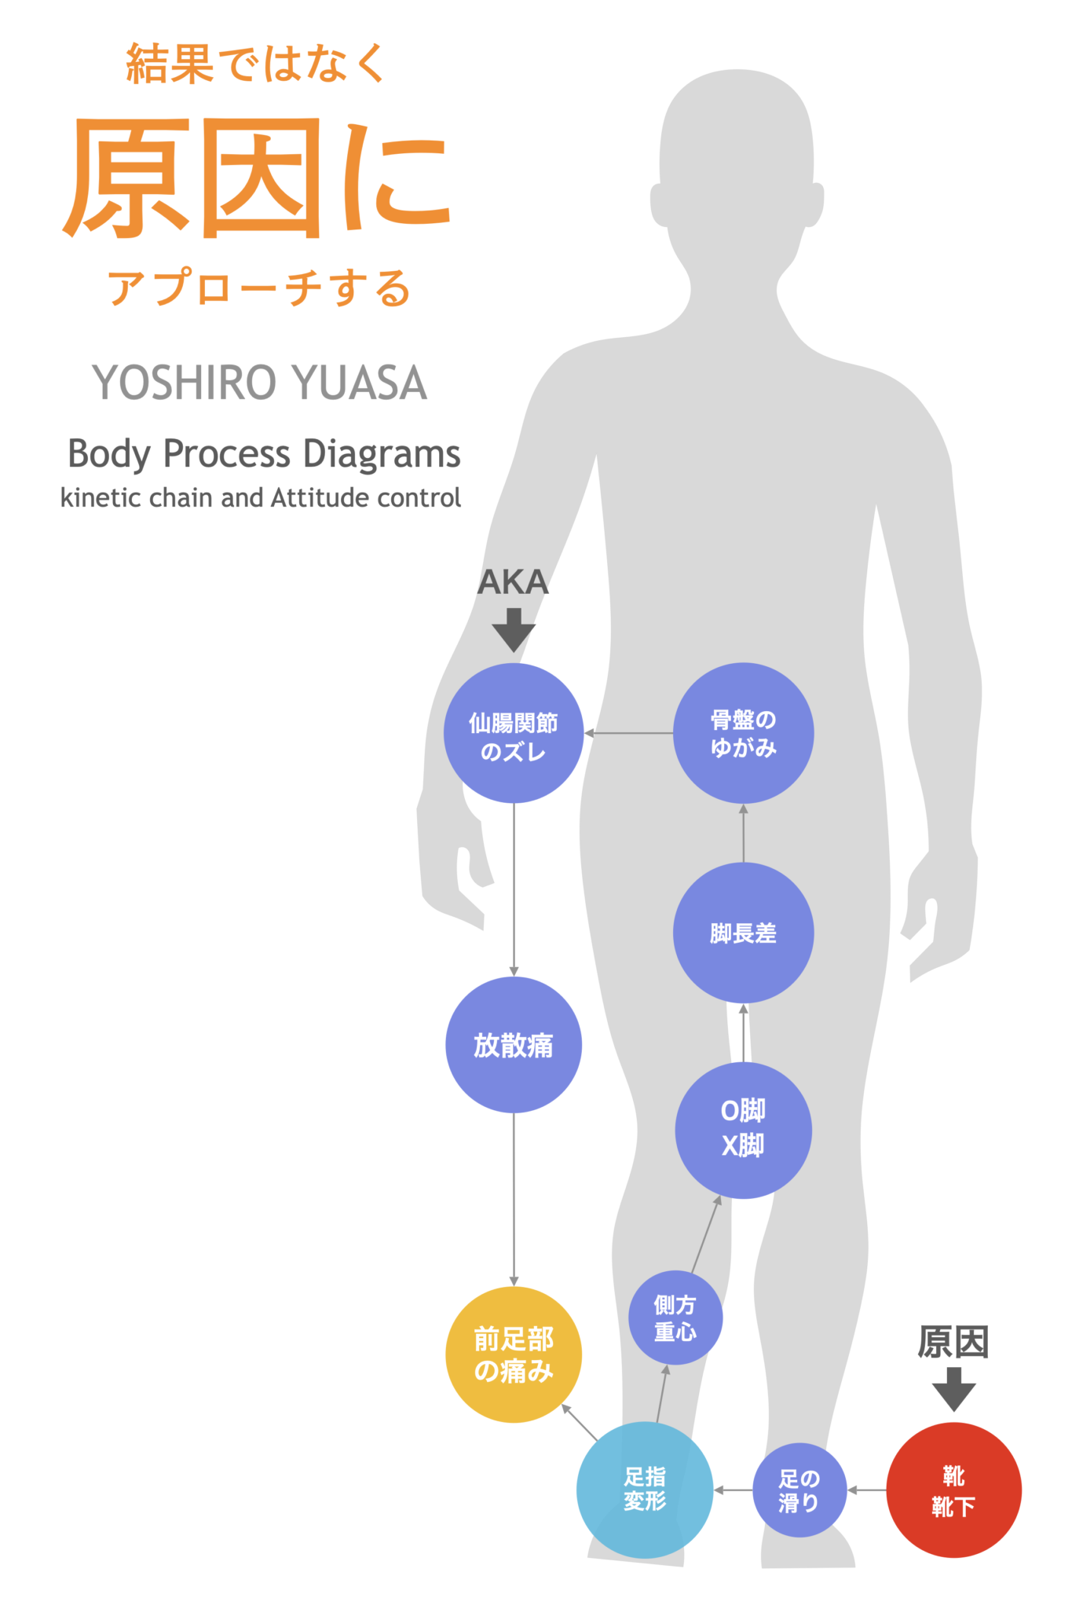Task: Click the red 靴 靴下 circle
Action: (x=953, y=1490)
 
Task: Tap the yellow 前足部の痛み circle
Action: (x=514, y=1354)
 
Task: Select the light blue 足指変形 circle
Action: (x=645, y=1490)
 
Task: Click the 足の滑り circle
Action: (x=799, y=1490)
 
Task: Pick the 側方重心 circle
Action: (x=675, y=1318)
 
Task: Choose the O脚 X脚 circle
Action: (x=743, y=1130)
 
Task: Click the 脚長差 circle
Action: (x=743, y=933)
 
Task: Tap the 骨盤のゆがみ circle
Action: (x=743, y=733)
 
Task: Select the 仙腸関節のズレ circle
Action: (x=514, y=733)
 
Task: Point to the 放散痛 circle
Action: (x=514, y=1045)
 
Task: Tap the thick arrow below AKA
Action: (x=514, y=629)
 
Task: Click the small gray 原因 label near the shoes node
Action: (x=953, y=1342)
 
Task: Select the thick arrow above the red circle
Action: (x=953, y=1389)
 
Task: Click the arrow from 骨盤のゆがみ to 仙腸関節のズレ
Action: (x=628, y=733)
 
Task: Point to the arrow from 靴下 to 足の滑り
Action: (x=866, y=1490)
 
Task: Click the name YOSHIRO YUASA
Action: (x=259, y=383)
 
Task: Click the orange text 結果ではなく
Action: (x=256, y=64)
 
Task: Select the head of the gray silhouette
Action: (x=736, y=149)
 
